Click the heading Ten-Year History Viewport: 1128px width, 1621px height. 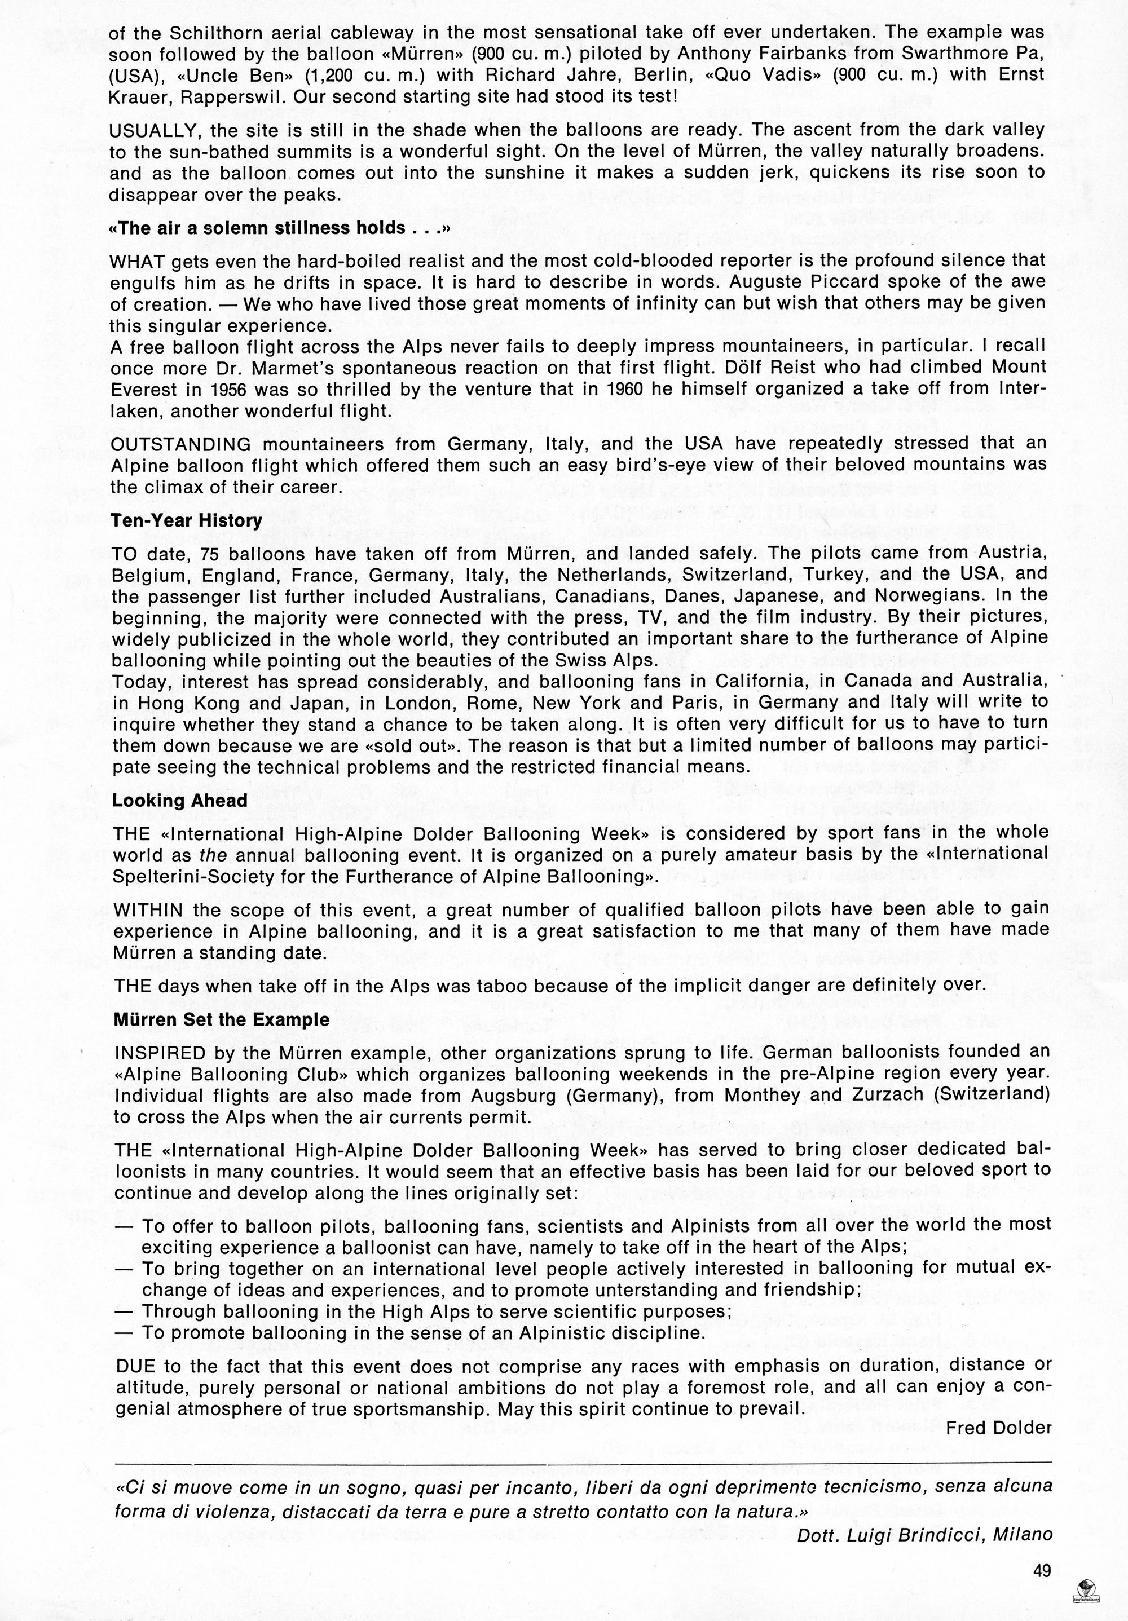pos(187,521)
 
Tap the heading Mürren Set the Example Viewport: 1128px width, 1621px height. pos(222,1019)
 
